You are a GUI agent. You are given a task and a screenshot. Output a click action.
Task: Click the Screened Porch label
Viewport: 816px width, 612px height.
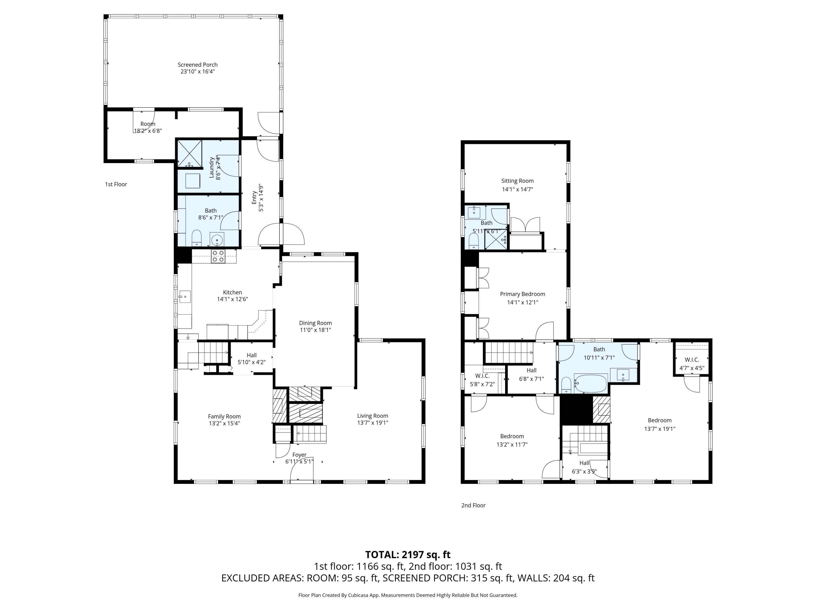click(x=197, y=64)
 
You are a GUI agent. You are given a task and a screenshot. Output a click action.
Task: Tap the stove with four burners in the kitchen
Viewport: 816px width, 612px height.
click(x=218, y=256)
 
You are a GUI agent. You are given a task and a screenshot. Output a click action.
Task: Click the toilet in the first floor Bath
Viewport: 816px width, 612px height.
click(x=197, y=238)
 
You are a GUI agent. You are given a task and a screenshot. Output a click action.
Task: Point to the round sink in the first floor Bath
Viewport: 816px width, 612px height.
click(x=217, y=239)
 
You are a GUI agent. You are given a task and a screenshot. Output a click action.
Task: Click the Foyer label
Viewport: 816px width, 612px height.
click(x=299, y=455)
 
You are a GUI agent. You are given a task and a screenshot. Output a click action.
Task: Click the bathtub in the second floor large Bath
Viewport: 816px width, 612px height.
click(x=590, y=384)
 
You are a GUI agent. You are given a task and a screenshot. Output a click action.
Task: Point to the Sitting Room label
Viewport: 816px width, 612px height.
click(x=517, y=181)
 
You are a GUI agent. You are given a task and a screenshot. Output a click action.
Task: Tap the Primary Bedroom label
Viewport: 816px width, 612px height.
click(x=522, y=294)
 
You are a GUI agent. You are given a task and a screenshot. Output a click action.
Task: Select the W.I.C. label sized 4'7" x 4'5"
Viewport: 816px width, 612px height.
click(x=692, y=360)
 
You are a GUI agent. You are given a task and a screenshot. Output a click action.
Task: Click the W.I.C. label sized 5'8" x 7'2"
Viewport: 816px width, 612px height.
click(x=482, y=376)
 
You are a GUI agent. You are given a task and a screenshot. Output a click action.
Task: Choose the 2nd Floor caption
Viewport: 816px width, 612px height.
click(x=473, y=505)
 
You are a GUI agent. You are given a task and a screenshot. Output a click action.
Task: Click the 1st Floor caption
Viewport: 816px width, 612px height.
click(x=116, y=184)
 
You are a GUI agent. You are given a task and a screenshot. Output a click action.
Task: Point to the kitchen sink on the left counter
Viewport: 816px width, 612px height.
click(x=184, y=296)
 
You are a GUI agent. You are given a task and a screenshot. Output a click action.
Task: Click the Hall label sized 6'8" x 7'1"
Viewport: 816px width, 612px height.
click(x=531, y=370)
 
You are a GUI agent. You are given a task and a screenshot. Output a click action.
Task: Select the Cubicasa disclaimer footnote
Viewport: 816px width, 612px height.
click(x=408, y=595)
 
